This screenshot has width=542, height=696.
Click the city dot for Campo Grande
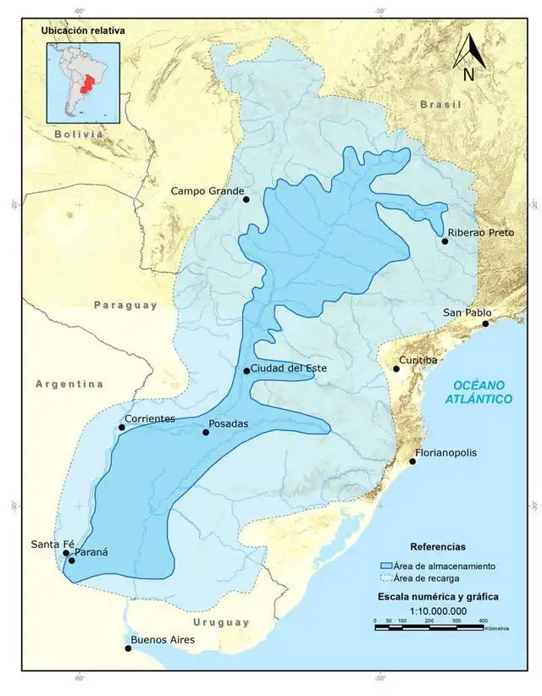246,199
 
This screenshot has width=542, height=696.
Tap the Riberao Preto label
480,232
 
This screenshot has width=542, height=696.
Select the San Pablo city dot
486,323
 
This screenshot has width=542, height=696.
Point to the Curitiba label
418,360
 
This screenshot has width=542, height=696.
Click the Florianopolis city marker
413,461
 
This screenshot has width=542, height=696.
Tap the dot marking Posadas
206,433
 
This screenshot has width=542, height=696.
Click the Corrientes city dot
122,428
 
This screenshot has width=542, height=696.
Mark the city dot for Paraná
72,561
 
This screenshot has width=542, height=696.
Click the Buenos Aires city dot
129,649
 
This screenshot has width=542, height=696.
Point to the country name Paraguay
126,305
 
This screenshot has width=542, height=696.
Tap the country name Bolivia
78,134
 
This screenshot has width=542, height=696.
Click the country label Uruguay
220,622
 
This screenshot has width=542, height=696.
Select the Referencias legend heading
437,547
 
